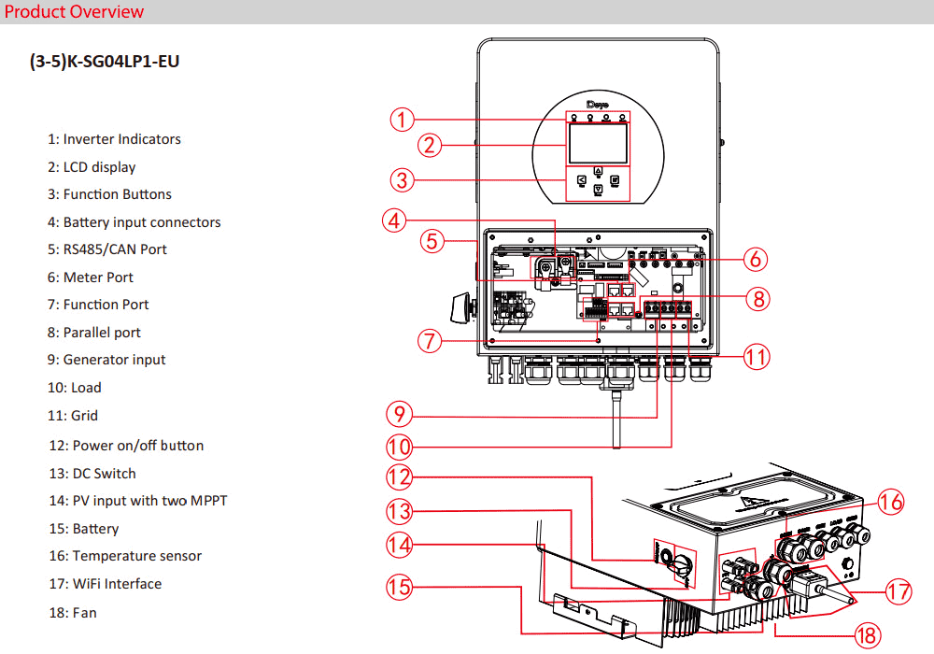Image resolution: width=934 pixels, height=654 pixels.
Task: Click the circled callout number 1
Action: tap(402, 120)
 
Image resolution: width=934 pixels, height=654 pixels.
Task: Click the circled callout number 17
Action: tap(898, 591)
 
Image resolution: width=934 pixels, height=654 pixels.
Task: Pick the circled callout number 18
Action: tap(867, 636)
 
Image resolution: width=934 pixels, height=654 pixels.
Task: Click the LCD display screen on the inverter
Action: tap(597, 148)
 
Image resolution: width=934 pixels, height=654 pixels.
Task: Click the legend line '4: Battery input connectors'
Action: tap(134, 222)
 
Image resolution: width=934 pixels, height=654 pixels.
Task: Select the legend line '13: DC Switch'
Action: tap(92, 474)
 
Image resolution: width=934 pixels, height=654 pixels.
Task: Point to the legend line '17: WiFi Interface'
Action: tap(106, 584)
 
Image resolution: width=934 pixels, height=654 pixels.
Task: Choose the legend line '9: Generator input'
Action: tap(106, 360)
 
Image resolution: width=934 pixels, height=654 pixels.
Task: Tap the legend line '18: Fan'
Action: tap(73, 613)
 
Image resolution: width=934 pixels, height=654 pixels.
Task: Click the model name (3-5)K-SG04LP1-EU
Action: tap(105, 63)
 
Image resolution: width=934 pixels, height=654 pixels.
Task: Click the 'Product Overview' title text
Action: tap(75, 12)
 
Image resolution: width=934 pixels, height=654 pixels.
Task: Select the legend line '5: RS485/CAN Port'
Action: tap(107, 249)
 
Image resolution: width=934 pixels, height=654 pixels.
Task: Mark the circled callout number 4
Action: tap(395, 220)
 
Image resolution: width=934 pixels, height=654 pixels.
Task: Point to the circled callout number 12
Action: tap(400, 476)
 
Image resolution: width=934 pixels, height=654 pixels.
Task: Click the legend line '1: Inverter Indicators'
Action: tap(114, 139)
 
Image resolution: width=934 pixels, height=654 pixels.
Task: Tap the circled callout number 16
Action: tap(891, 502)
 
